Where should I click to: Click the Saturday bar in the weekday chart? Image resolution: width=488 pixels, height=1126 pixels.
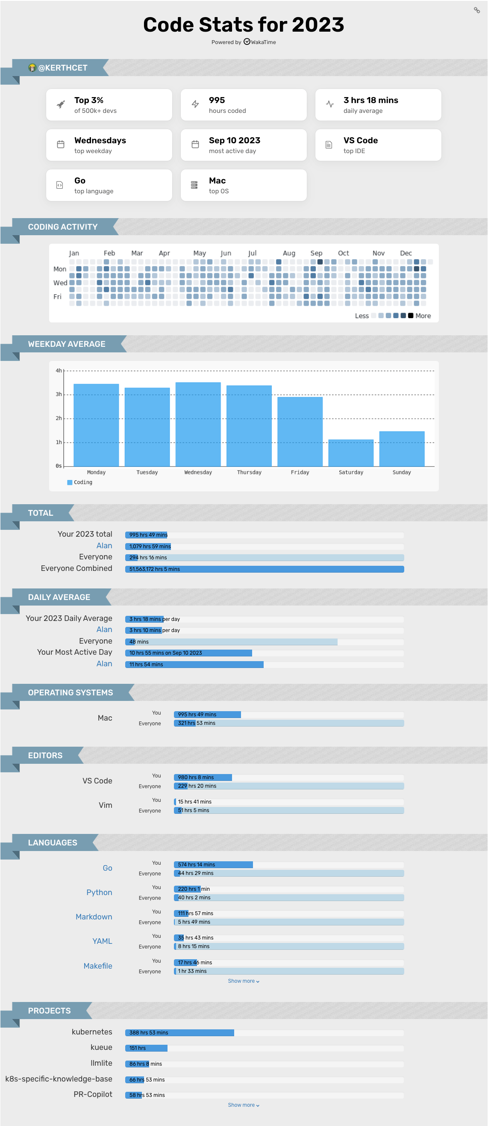351,452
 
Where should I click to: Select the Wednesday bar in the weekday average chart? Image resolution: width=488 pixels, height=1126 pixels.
198,424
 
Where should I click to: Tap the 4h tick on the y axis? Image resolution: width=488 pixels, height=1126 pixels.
59,371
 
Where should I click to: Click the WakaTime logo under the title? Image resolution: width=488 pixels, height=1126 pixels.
247,42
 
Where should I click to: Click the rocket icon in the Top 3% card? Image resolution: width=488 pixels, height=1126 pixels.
61,104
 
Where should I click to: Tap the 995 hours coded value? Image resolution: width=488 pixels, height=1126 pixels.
217,100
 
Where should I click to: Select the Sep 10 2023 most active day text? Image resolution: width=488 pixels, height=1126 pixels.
234,140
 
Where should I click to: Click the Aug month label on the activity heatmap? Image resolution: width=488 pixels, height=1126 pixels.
289,253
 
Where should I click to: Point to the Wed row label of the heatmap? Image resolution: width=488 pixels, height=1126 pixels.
60,283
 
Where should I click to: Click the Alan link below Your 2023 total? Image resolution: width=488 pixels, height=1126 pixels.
104,546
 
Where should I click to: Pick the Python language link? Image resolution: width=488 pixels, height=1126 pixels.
99,892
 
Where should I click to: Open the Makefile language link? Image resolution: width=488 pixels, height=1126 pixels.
98,966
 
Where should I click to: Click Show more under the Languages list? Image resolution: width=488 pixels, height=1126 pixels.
243,981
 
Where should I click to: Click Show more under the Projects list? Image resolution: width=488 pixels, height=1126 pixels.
243,1105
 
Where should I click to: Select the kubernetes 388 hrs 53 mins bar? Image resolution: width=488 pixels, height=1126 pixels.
179,1032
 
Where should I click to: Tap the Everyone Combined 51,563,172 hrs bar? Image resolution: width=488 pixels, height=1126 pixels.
265,569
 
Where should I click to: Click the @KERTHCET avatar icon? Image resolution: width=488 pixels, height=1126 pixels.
32,68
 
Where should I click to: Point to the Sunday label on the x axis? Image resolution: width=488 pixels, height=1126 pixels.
402,472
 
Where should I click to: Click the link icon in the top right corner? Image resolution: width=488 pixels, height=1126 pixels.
476,10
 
